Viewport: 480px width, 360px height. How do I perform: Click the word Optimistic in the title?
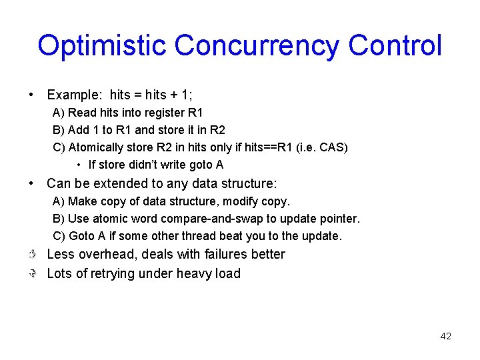102,45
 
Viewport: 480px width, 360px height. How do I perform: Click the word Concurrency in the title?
257,45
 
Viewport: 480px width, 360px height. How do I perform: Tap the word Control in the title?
395,45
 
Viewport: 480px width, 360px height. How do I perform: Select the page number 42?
446,336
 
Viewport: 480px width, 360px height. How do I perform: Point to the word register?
157,113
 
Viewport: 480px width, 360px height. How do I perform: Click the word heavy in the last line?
189,273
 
